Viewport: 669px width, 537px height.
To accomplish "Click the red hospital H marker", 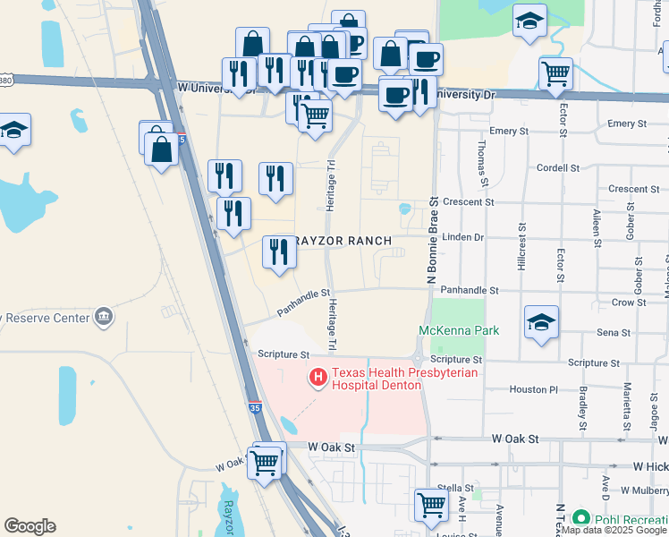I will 317,379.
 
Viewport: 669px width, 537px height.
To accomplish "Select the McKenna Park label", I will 459,331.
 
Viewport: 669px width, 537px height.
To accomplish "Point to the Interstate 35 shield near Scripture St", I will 256,409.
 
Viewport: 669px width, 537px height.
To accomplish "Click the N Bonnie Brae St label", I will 432,242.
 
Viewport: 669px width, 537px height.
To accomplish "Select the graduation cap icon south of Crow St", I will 541,322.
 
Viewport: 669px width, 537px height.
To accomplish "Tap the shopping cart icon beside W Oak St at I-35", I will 264,463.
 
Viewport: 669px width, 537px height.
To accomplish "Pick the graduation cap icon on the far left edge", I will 14,131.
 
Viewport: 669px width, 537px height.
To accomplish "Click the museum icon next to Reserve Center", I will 105,317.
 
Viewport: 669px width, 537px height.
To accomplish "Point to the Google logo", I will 30,526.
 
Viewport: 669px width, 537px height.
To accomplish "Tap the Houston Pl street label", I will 533,390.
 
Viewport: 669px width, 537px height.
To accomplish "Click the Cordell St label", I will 559,167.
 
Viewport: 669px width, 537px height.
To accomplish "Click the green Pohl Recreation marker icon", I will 580,518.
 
